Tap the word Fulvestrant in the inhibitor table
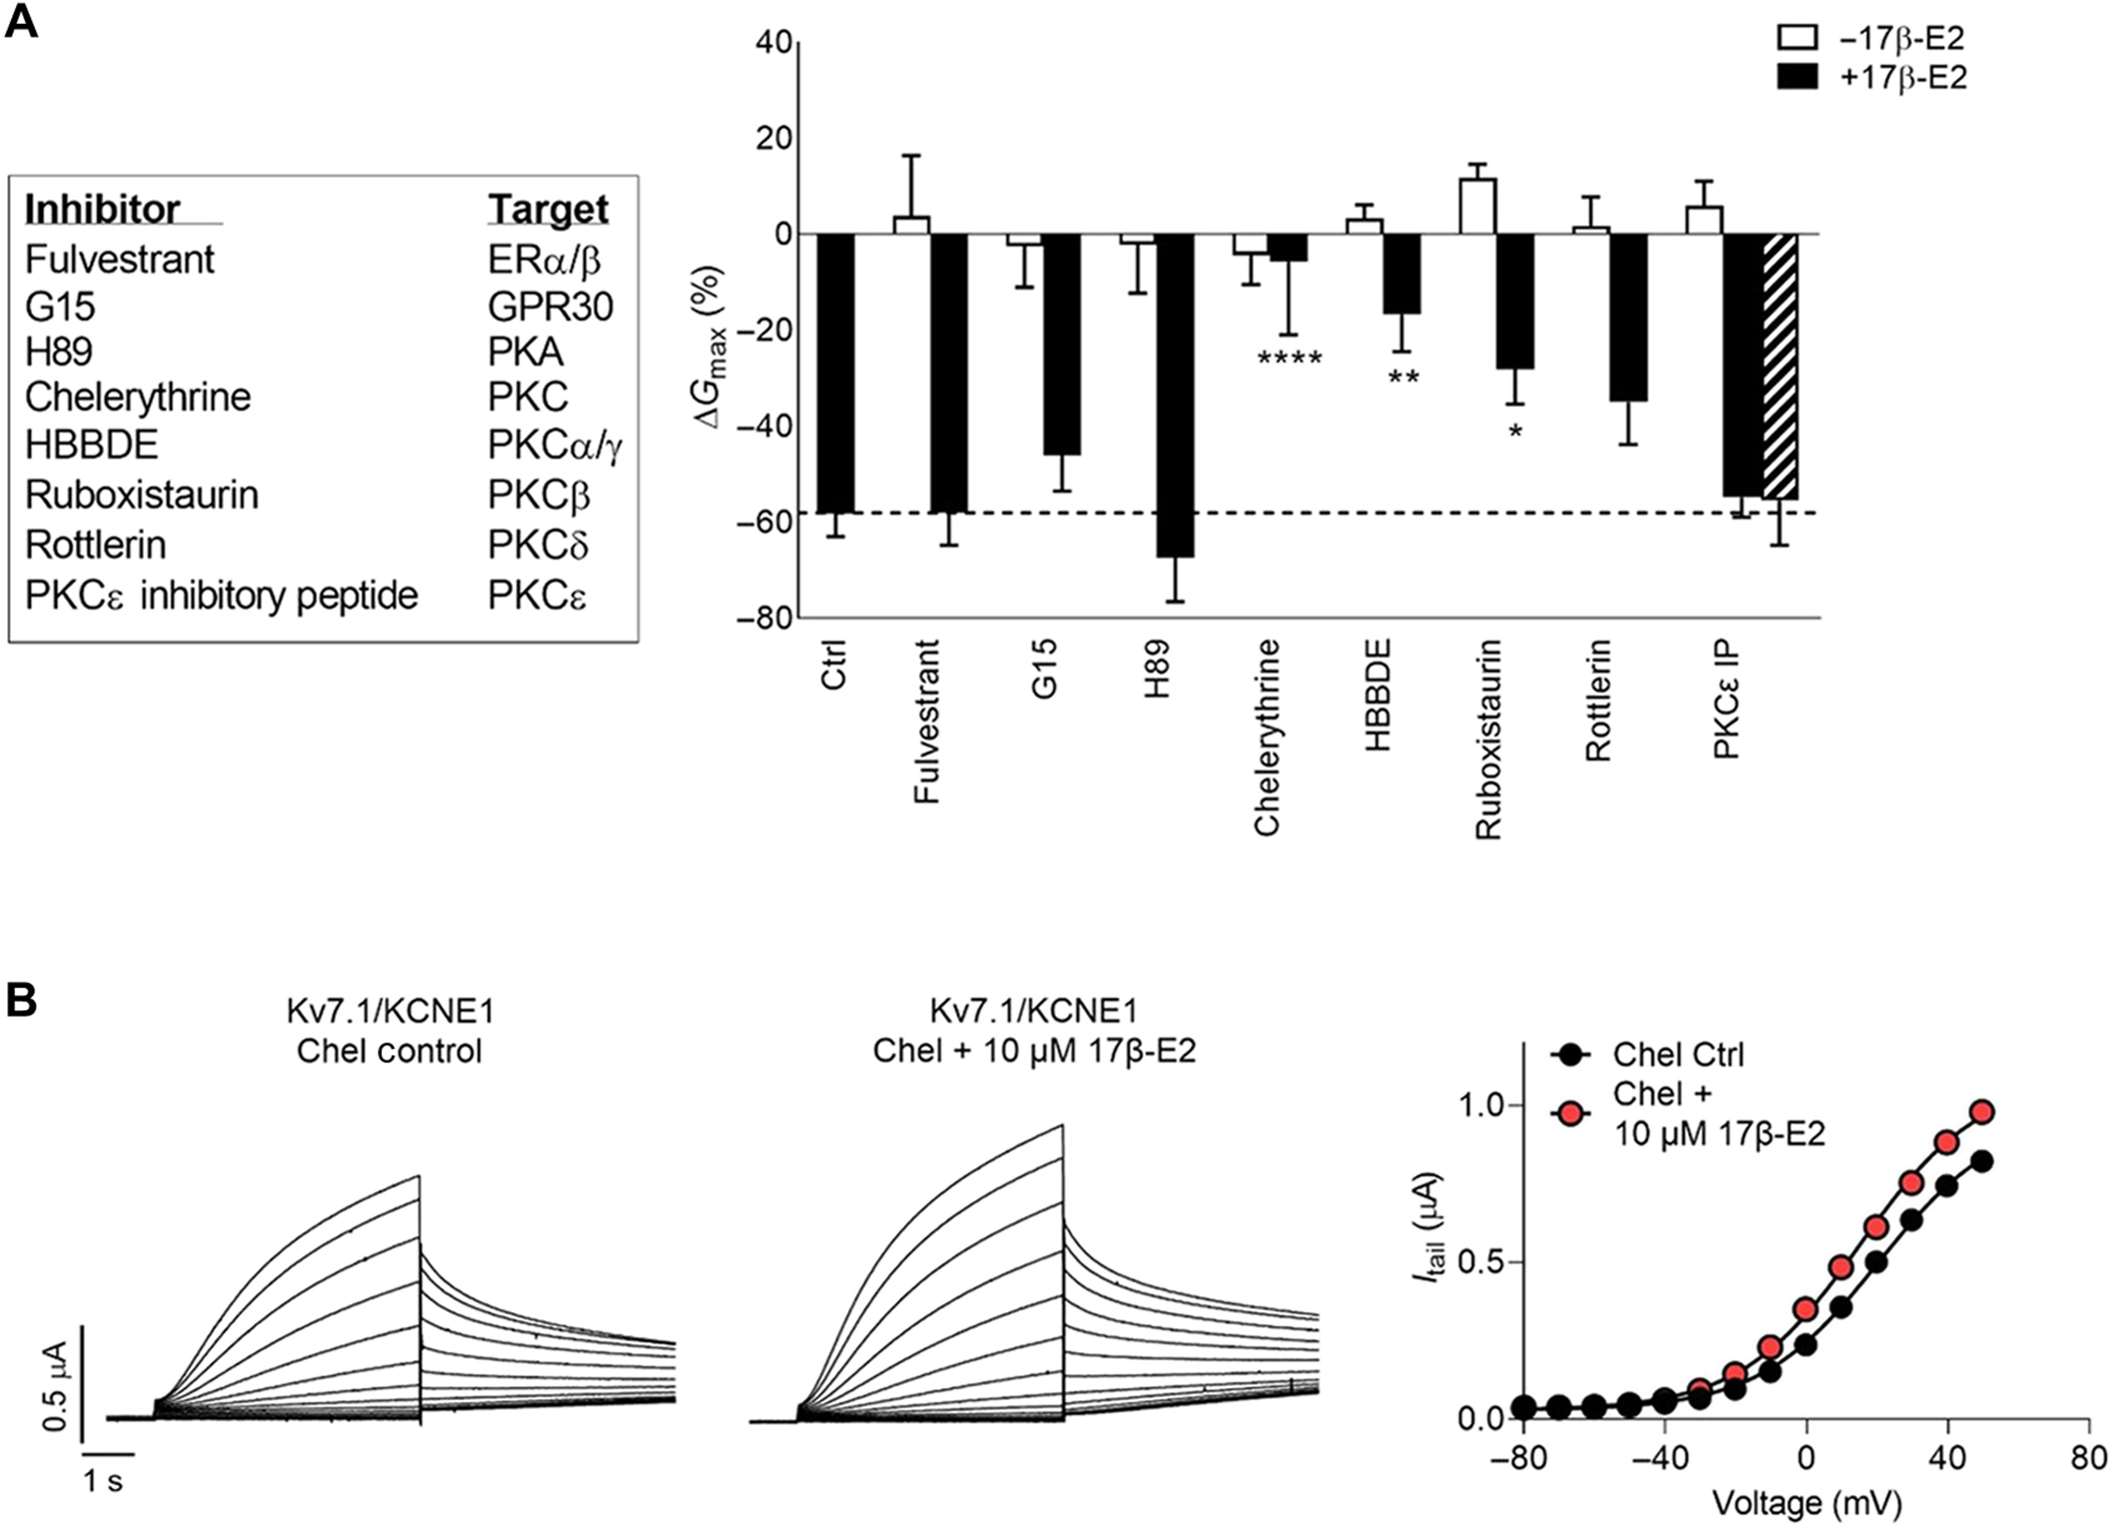(x=119, y=259)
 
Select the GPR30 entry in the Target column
(x=550, y=306)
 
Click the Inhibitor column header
(x=103, y=209)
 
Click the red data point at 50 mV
(x=1982, y=1111)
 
